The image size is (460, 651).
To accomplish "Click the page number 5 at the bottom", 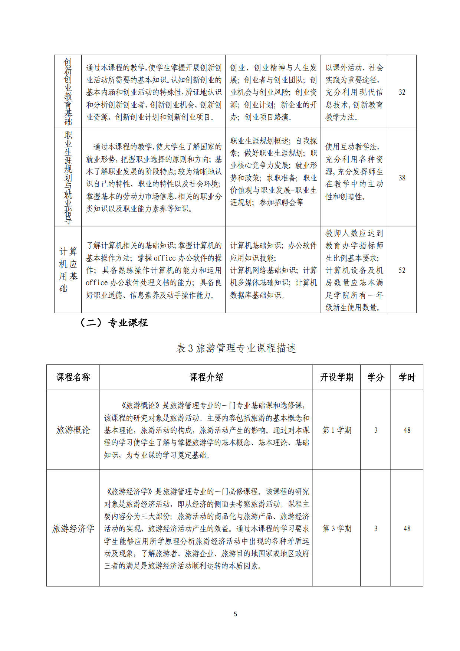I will (235, 614).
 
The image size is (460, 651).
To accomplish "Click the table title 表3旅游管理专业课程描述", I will (236, 348).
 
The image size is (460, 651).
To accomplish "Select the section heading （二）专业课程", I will (114, 323).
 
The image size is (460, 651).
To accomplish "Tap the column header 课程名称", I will (73, 377).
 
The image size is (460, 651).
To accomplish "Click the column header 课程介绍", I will (206, 377).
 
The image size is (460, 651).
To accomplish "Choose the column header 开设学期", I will (336, 377).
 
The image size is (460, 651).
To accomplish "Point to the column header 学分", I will (375, 377).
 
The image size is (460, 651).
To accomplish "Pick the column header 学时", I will (407, 377).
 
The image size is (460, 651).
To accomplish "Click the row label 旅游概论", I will (73, 430).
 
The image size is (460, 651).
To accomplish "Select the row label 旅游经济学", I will (73, 529).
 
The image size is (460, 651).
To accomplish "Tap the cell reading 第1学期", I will (336, 430).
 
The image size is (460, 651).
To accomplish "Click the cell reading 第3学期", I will (336, 529).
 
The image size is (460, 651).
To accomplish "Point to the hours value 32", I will (402, 92).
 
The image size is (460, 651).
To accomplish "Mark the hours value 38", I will (402, 178).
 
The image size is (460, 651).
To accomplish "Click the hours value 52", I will (402, 270).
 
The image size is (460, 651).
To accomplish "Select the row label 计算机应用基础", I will (68, 270).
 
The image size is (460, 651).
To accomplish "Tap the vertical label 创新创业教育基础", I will (68, 92).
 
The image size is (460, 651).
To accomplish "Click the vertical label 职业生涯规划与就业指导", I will (68, 177).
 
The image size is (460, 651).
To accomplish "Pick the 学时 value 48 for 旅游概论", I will (407, 430).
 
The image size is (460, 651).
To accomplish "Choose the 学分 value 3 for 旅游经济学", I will (375, 529).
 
